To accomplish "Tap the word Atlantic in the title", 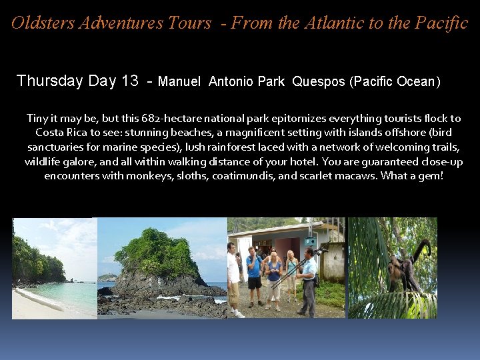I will coord(331,23).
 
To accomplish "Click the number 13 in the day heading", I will coord(129,81).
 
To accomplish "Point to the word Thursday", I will coord(49,81).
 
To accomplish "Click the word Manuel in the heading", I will coord(179,82).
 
